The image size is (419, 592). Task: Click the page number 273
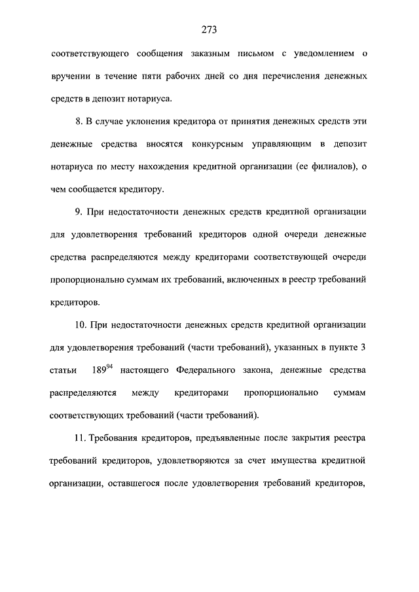[x=209, y=29]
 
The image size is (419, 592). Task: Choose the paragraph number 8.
[x=79, y=122]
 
